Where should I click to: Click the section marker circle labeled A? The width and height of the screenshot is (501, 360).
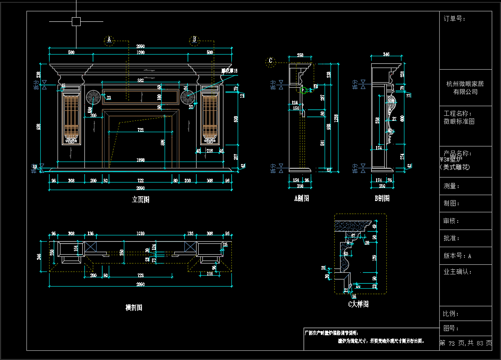coord(109,40)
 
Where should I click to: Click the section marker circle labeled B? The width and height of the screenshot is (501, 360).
coord(194,40)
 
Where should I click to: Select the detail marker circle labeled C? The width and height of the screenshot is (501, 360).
coord(271,61)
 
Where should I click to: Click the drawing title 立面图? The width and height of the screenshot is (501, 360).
coord(140,200)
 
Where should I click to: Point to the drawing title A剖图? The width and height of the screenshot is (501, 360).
coord(302,198)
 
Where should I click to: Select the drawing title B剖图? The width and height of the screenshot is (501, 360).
coord(382,198)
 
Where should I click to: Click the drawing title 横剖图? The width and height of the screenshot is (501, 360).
coord(134,308)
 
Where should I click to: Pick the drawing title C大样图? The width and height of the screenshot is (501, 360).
coord(358,304)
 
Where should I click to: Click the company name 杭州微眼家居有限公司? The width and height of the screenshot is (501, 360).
coord(465,88)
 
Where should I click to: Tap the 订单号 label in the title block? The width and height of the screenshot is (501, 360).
coord(454,18)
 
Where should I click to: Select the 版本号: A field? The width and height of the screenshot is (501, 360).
coord(458,256)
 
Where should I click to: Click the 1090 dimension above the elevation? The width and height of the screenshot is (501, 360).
coord(140,52)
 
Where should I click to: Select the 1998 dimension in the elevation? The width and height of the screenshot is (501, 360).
coord(140,160)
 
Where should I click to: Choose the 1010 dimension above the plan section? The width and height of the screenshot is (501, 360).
coord(140,234)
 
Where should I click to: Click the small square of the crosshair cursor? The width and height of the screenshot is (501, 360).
coord(76,21)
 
